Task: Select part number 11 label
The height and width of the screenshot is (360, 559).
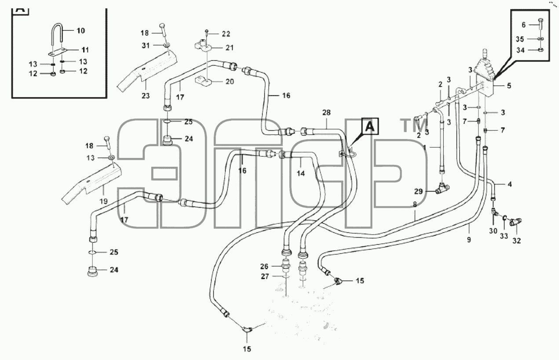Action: pyautogui.click(x=85, y=50)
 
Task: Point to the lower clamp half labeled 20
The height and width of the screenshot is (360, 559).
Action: pyautogui.click(x=203, y=81)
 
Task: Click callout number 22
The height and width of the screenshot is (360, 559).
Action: pyautogui.click(x=226, y=34)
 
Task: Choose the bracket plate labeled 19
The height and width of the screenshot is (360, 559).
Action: pyautogui.click(x=91, y=184)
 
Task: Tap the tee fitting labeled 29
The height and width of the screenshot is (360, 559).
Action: pyautogui.click(x=442, y=188)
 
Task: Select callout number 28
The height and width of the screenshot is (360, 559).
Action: pyautogui.click(x=326, y=113)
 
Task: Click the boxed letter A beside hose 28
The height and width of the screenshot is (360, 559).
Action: pyautogui.click(x=369, y=126)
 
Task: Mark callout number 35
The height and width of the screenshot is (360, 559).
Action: pyautogui.click(x=520, y=39)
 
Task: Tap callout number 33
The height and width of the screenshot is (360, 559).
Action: pyautogui.click(x=504, y=236)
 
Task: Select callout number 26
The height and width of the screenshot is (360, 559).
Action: pyautogui.click(x=264, y=266)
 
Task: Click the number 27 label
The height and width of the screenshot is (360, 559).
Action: pyautogui.click(x=265, y=276)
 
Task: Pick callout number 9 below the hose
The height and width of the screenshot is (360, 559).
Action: pyautogui.click(x=469, y=240)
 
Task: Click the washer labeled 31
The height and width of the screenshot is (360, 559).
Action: pyautogui.click(x=167, y=45)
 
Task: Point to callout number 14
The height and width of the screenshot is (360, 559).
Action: pyautogui.click(x=301, y=173)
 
